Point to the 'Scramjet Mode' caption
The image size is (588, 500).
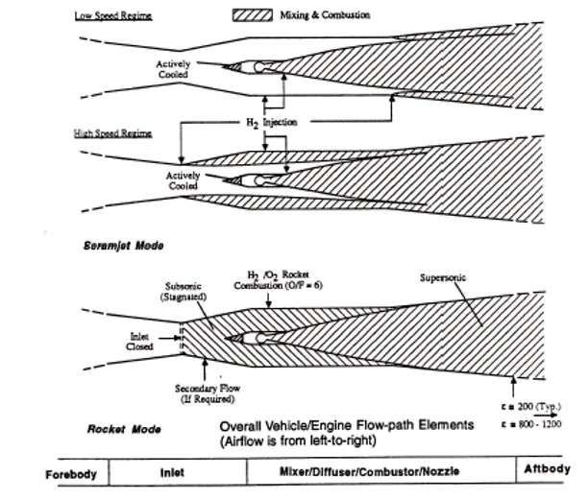[x=124, y=246]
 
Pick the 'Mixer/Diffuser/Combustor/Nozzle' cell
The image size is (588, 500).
[x=380, y=473]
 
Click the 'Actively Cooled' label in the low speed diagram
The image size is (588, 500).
[x=175, y=69]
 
